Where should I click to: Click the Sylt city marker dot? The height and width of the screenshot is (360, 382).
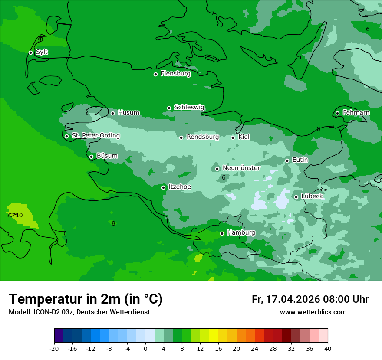pos(30,52)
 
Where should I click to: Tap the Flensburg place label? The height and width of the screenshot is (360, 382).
pos(175,74)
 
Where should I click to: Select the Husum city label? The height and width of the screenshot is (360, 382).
pos(128,113)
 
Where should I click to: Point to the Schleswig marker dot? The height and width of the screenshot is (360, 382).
pos(169,108)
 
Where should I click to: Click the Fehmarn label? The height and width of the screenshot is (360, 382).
pos(356,113)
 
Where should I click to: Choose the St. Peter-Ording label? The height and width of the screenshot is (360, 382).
pos(95,136)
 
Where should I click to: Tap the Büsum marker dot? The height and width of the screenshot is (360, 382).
pos(91,157)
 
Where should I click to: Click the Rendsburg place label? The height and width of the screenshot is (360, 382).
pos(202,137)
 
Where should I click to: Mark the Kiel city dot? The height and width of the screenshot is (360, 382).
pos(233,137)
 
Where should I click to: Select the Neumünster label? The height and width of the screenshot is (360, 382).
pos(241,168)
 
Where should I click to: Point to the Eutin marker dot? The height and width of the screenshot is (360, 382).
pos(287,160)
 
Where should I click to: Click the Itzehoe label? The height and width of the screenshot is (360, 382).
pos(180,187)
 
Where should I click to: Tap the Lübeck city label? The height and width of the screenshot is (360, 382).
pos(312,196)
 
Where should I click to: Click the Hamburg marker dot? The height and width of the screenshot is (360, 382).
pos(222,233)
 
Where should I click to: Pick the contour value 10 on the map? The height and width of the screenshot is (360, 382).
pos(19,215)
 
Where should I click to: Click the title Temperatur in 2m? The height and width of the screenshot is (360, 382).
pos(86,299)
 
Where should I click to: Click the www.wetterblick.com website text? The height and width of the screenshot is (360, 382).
pos(313,312)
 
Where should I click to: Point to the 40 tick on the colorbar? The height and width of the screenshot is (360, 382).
pos(327,349)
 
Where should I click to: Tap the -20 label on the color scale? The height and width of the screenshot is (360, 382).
pos(54,349)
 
